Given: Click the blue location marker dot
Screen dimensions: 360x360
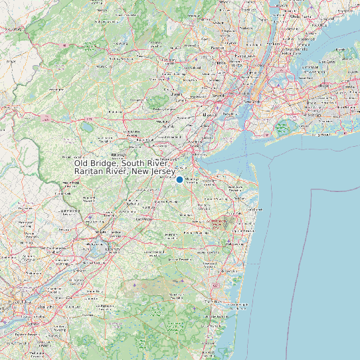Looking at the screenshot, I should pyautogui.click(x=179, y=179).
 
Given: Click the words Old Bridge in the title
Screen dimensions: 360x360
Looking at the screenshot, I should pyautogui.click(x=96, y=163).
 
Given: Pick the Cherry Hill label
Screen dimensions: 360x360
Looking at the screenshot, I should pyautogui.click(x=45, y=307).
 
